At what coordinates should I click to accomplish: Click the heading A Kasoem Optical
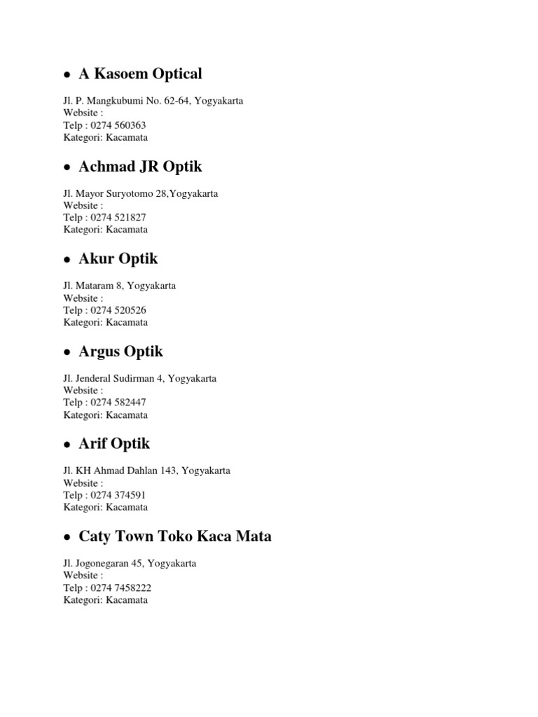(x=140, y=74)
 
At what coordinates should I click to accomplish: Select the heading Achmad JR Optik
(x=140, y=167)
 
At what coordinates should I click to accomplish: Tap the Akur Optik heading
(x=118, y=259)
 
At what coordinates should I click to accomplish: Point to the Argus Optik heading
(x=121, y=351)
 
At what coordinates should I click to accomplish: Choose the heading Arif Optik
(x=114, y=444)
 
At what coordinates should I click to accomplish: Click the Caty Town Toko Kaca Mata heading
(x=175, y=536)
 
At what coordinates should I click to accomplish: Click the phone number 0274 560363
(x=118, y=125)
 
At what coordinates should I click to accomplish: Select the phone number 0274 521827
(x=118, y=218)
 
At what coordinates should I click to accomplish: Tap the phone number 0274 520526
(x=118, y=310)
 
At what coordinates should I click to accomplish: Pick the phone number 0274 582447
(x=118, y=403)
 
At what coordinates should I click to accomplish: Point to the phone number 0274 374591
(x=118, y=495)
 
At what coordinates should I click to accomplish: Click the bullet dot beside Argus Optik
(x=67, y=353)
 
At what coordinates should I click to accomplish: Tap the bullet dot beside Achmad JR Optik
(x=67, y=168)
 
